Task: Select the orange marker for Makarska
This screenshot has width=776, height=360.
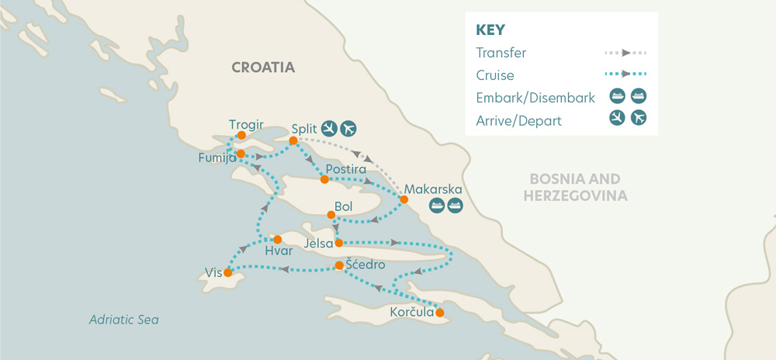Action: [404, 200]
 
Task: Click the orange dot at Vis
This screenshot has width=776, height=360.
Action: [227, 273]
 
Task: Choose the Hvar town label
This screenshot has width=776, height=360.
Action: [279, 252]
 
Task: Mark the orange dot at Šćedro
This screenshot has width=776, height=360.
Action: [339, 266]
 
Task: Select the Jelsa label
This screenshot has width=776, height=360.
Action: [319, 244]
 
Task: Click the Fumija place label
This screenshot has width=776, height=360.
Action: [217, 157]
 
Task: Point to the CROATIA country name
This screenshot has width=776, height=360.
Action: [263, 67]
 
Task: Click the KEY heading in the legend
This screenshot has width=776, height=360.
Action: [490, 30]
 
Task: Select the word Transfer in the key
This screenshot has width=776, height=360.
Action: [501, 54]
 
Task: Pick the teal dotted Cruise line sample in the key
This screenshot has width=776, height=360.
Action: [625, 75]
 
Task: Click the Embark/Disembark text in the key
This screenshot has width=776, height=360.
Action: [535, 98]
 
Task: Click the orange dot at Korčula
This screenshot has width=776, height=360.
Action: [440, 313]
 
